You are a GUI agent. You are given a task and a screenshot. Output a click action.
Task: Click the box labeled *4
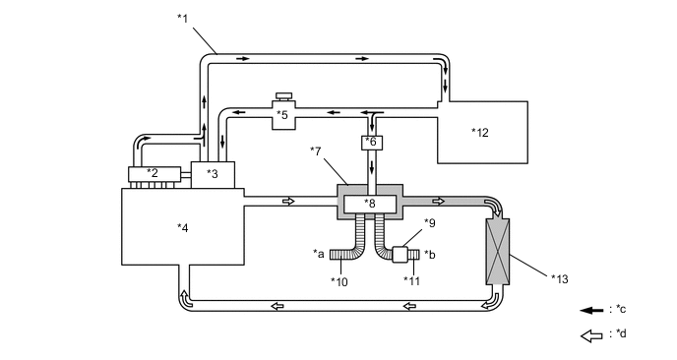click(183, 226)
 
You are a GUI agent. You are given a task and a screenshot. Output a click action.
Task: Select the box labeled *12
click(483, 132)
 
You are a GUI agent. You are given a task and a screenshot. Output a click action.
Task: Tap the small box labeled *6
click(372, 143)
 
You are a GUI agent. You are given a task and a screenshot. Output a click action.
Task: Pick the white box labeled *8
click(370, 204)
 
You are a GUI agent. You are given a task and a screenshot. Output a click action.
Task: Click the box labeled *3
click(213, 175)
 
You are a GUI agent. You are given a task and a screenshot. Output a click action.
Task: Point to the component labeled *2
click(154, 174)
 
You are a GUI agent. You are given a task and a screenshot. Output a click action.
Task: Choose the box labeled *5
click(283, 114)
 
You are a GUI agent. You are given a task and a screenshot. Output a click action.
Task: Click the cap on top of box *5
click(283, 95)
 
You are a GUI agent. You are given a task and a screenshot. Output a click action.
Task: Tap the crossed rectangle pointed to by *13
click(498, 252)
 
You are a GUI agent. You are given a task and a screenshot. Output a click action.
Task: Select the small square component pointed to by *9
click(400, 254)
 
